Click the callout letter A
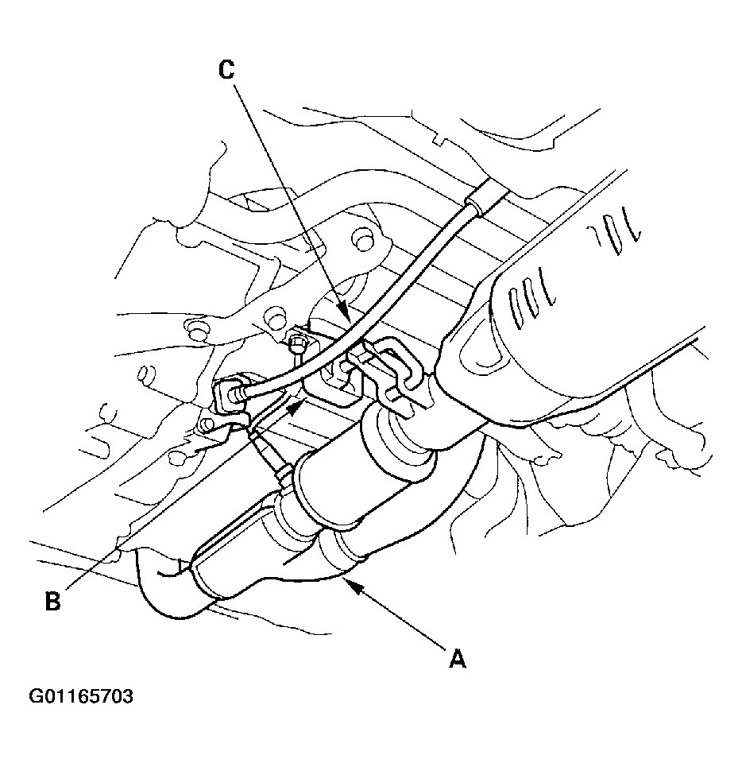[457, 660]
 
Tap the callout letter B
[52, 601]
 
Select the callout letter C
[226, 70]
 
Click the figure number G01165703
[81, 696]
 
